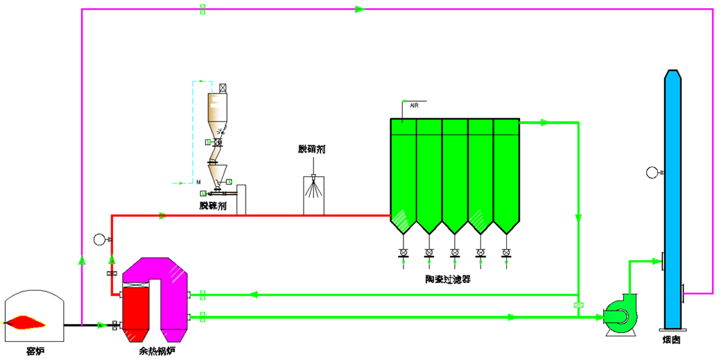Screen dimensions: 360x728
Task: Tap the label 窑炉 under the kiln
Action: click(35, 350)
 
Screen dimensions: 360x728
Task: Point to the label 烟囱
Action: click(671, 341)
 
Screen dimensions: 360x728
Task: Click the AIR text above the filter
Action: click(414, 106)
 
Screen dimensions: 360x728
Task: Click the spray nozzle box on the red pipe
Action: click(314, 194)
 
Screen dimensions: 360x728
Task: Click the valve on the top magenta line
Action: click(202, 9)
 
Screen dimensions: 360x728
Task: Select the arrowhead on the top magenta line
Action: click(360, 9)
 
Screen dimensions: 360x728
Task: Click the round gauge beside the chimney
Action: click(652, 172)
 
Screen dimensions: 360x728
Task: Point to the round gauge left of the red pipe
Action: click(99, 240)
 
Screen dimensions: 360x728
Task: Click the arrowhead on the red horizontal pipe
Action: click(162, 215)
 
